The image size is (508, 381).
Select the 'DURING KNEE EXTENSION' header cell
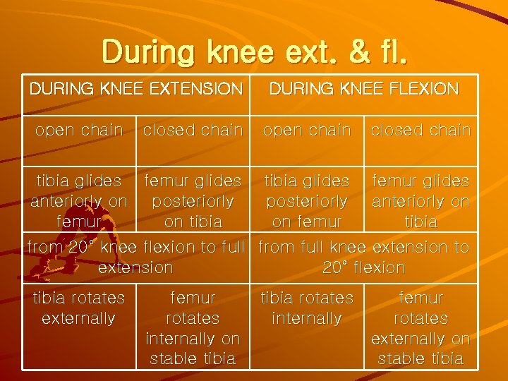pos(135,89)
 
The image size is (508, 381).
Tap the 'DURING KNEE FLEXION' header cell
pos(364,89)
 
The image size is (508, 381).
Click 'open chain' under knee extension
pos(79,130)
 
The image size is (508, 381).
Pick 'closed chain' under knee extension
pos(193,130)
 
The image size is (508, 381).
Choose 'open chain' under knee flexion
pos(307,130)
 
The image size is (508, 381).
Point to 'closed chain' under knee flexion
pos(421,130)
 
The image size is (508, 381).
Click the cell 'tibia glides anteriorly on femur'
pos(79,201)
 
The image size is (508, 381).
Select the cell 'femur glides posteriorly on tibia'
pos(193,201)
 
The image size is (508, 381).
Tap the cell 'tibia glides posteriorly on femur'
pos(307,201)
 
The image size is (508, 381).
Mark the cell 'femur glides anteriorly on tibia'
pos(421,201)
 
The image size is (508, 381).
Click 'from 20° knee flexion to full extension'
pos(135,258)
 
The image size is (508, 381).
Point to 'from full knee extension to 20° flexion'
pos(364,258)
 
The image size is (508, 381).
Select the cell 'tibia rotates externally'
pos(79,308)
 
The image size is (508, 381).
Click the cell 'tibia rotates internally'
pos(307,308)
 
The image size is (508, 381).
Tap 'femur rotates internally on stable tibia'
pos(193,328)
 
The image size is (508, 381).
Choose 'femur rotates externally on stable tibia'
pos(421,328)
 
